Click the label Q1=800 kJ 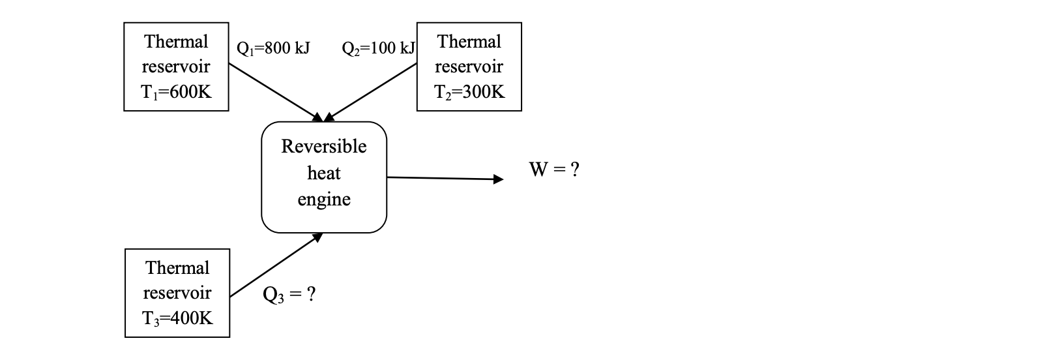coord(272,48)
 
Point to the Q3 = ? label coord(289,295)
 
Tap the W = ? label coord(554,170)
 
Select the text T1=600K coord(176,91)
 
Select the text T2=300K coord(469,91)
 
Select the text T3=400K coord(177,318)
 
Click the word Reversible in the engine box coord(324,146)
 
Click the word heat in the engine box coord(324,173)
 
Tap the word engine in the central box coord(324,200)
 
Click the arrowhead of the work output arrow coord(498,179)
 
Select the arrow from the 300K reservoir coord(370,92)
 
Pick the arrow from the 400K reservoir coord(276,266)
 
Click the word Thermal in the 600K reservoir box coord(176,42)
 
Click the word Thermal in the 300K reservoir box coord(469,42)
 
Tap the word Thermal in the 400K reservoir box coord(177,268)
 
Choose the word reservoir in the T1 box coord(176,67)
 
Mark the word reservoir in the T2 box coord(469,67)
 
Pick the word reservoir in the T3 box coord(177,293)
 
